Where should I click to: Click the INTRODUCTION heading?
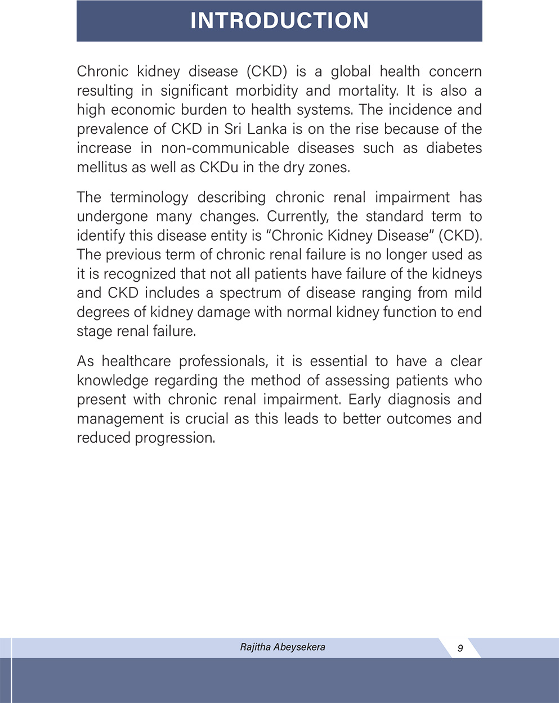(279, 21)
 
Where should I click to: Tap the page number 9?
(460, 648)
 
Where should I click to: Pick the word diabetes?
(454, 148)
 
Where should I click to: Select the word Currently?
(297, 217)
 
